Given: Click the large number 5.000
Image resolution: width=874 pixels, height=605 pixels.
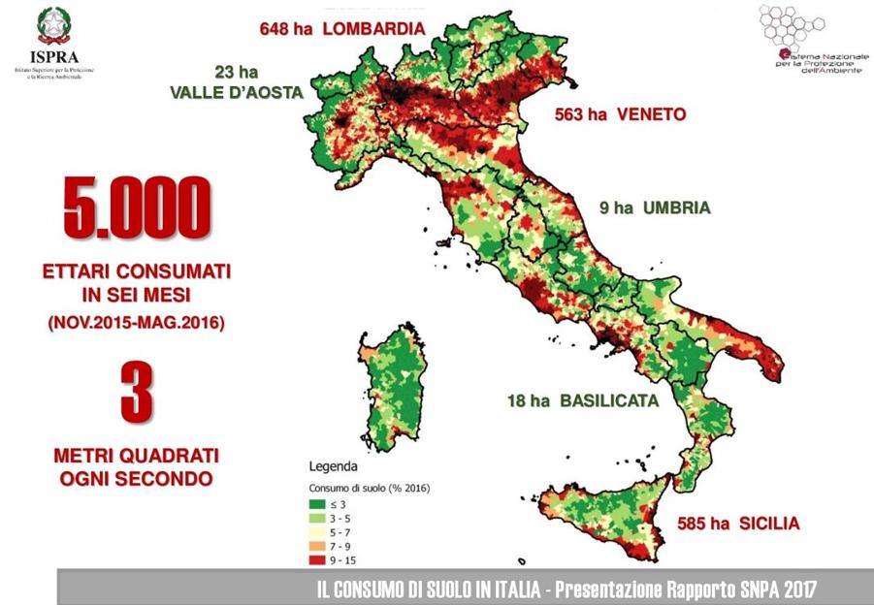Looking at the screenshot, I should (x=137, y=207).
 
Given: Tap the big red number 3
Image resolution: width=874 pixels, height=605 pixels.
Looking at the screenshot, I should (x=137, y=393).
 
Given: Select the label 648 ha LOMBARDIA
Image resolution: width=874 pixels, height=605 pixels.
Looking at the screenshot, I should (x=342, y=28).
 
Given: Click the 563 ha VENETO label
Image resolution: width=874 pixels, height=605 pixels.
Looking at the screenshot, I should (x=620, y=114).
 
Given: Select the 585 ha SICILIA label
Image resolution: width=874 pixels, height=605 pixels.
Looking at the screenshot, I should (x=726, y=524).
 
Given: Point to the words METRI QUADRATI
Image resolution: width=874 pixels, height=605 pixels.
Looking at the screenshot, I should (x=136, y=454).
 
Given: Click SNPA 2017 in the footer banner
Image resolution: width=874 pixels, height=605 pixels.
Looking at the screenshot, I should (x=771, y=589).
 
